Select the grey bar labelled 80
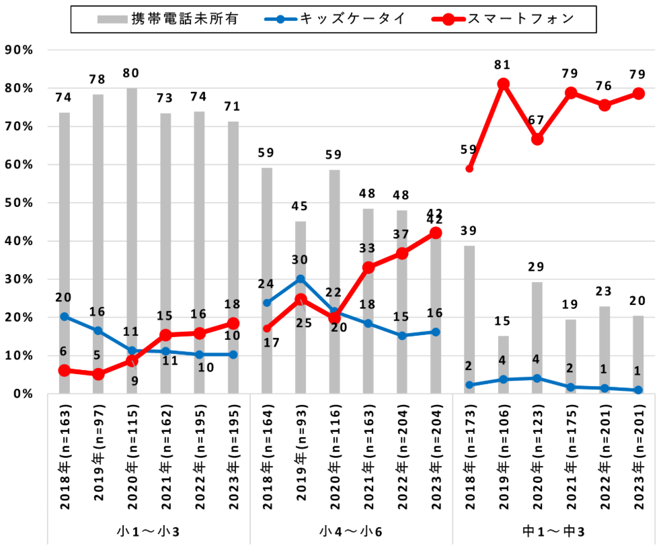132,242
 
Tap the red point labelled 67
537,139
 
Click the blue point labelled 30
301,279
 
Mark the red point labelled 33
368,267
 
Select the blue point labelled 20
65,316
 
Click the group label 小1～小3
149,532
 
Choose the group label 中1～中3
553,532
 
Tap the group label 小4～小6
351,532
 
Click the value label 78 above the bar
98,79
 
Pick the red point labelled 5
98,374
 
